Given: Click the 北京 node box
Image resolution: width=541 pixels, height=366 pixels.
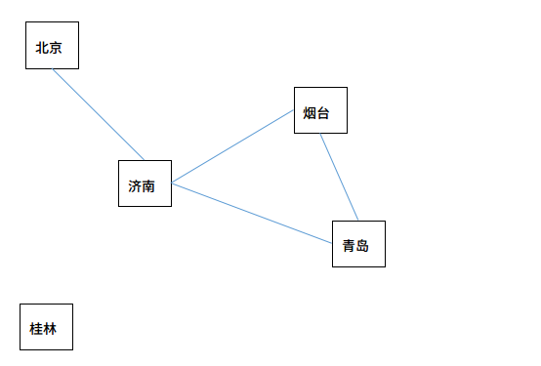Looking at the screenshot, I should [x=51, y=46].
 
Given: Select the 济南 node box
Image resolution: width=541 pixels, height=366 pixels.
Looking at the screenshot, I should [x=145, y=183].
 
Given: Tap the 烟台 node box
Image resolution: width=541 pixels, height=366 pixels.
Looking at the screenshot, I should [x=320, y=110].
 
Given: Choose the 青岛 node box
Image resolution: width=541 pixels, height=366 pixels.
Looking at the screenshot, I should [x=358, y=243].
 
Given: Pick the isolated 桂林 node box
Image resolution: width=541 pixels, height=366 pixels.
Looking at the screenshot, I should [x=46, y=327].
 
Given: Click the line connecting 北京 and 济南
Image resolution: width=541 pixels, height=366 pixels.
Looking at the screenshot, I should [x=98, y=114].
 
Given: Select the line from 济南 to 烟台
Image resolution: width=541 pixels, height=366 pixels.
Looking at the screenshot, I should [x=232, y=146].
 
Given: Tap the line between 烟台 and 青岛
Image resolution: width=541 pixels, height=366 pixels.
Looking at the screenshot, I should [x=339, y=177].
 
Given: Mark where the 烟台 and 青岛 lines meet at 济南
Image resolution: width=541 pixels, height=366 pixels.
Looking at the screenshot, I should [x=172, y=183].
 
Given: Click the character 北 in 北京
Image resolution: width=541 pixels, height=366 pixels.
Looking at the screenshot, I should [x=42, y=48].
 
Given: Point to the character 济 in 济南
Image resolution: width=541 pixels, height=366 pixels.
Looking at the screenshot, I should [x=135, y=186].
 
